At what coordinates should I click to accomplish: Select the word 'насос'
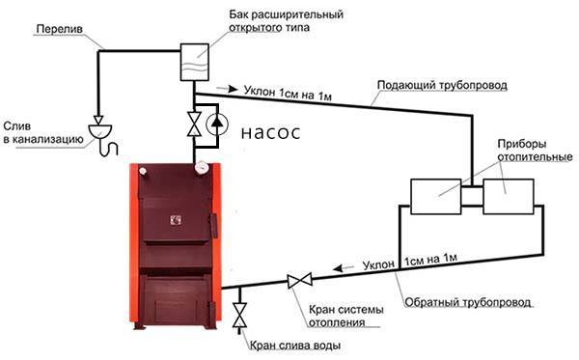269,134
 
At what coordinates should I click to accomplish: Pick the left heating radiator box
434,196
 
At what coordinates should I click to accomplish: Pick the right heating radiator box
509,196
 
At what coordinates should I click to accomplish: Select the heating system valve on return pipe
298,281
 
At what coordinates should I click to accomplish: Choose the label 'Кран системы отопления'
346,316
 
